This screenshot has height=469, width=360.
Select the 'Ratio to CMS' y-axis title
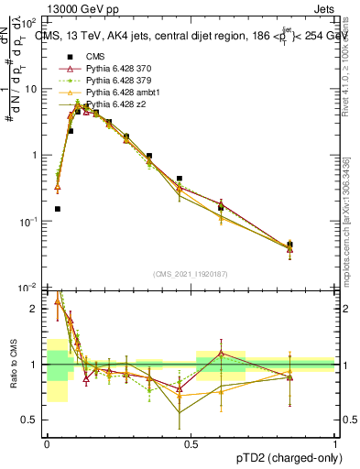coord(12,369)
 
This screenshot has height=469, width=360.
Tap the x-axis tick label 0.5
coord(191,442)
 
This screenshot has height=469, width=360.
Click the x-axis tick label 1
coord(335,442)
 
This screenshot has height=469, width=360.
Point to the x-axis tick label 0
coord(47,442)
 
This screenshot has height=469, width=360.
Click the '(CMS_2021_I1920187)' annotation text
coord(191,273)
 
